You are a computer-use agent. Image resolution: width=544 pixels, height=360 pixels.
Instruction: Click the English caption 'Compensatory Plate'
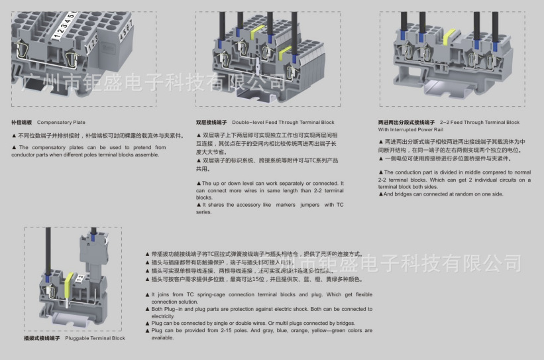click(x=61, y=123)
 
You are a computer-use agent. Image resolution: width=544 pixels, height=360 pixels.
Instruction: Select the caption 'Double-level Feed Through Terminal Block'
click(x=283, y=123)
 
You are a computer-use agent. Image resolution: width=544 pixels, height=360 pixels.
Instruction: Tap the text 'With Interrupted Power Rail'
click(x=409, y=130)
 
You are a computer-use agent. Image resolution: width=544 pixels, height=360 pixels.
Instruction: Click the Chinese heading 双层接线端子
click(x=211, y=123)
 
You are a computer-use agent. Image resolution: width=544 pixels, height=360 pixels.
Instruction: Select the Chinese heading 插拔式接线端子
click(x=42, y=338)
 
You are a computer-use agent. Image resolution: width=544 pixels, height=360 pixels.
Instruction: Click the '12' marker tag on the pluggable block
click(x=80, y=278)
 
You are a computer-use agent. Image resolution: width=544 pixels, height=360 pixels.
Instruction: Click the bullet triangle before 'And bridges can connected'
click(x=380, y=194)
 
